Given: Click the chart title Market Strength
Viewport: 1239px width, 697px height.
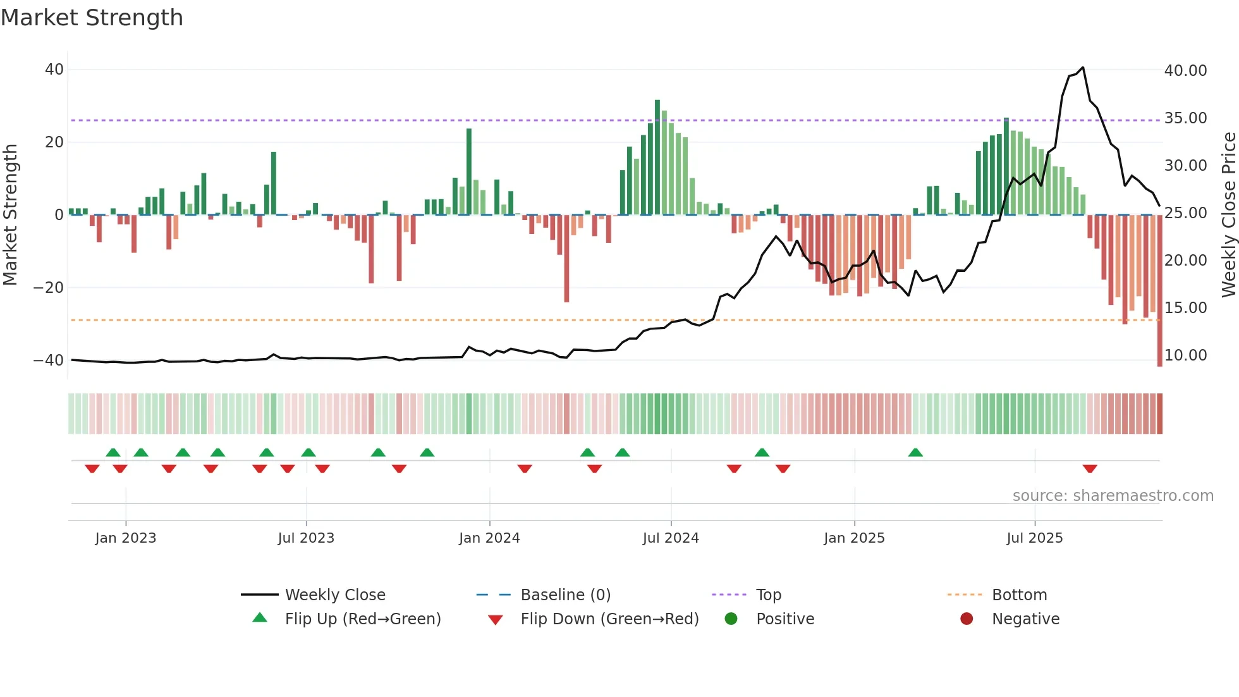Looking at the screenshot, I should pos(92,18).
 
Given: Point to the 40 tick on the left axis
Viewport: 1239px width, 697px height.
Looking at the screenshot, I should pos(54,70).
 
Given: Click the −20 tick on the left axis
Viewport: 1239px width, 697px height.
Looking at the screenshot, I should pos(49,288).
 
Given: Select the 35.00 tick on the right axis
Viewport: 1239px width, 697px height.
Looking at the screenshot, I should pos(1185,118).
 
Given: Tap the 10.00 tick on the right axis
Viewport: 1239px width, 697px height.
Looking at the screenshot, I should pos(1185,355).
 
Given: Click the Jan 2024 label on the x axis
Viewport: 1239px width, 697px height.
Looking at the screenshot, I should pos(489,538).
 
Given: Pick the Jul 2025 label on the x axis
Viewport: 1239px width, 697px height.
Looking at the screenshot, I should pos(1034,538).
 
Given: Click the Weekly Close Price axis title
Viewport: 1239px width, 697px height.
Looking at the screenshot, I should pos(1228,214).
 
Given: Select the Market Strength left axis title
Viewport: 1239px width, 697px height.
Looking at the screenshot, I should pos(10,214).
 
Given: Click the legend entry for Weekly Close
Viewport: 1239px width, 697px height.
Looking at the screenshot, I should pos(334,595).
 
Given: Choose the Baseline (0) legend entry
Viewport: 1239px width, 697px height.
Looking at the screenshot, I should pos(565,595).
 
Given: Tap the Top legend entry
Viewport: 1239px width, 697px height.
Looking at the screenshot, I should pos(768,595).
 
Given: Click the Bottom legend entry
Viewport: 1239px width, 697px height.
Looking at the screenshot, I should pos(1019,595).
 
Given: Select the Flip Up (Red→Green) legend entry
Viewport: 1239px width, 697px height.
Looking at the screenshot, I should pos(362,619).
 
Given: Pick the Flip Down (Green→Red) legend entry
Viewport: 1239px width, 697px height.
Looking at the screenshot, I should pos(609,619).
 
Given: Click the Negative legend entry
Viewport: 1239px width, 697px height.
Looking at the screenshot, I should pos(1025,619).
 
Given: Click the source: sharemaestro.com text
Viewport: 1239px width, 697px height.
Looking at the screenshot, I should pos(1113,496).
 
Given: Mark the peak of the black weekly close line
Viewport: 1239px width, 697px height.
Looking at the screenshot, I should pos(1083,68).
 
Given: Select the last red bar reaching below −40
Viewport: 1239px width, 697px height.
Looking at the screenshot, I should pos(1159,291).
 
